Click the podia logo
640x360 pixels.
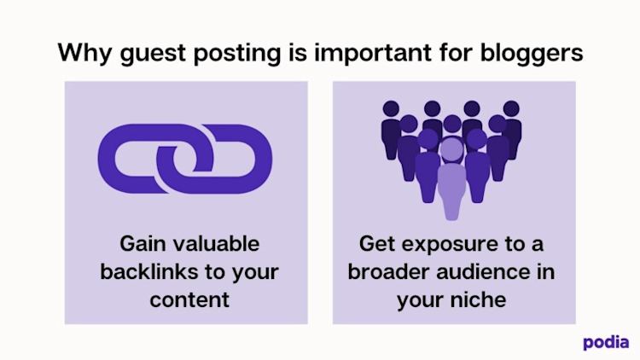pos(606,343)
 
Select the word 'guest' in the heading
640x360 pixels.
pos(153,55)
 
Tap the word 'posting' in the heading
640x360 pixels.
pos(236,54)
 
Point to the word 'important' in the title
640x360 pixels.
pos(373,54)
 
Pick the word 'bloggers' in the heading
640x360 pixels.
pos(532,54)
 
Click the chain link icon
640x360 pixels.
pos(185,159)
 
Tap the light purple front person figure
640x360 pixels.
pos(451,179)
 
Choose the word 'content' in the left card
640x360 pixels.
pos(189,300)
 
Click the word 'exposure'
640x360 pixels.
pos(450,245)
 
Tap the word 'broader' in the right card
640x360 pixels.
pos(388,272)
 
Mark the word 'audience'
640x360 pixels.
pos(484,272)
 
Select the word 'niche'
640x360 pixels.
pos(479,300)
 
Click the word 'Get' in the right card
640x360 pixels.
pos(376,244)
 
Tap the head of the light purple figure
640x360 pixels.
pos(451,149)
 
